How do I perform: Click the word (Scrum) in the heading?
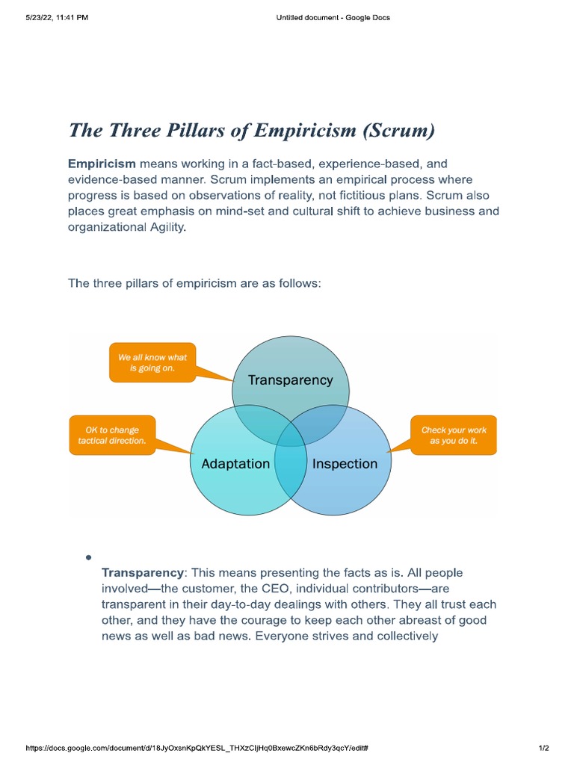(398, 131)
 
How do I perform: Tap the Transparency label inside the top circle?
(290, 380)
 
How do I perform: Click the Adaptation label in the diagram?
(235, 464)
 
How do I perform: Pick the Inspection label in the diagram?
(345, 464)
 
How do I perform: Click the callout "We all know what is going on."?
(152, 363)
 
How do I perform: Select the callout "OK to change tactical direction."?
(112, 436)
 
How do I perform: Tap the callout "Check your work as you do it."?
(454, 436)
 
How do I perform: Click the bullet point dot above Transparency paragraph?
(88, 557)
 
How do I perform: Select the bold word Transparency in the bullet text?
(142, 573)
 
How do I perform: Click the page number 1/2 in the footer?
(543, 748)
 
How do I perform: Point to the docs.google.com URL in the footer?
(197, 748)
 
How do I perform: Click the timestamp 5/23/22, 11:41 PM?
(57, 18)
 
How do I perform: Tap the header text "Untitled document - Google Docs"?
(333, 18)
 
